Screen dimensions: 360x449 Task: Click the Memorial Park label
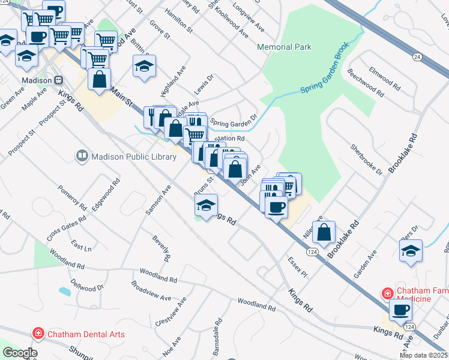point(285,47)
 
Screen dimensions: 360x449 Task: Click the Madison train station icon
point(58,80)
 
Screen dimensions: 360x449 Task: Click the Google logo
point(20,353)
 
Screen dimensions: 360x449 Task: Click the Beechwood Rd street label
point(366,83)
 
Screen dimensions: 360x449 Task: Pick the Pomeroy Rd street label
point(73,198)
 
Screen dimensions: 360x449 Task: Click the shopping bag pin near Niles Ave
point(324,232)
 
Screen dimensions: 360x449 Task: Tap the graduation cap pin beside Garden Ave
point(411,250)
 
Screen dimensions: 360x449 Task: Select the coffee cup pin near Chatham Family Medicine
point(400,310)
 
